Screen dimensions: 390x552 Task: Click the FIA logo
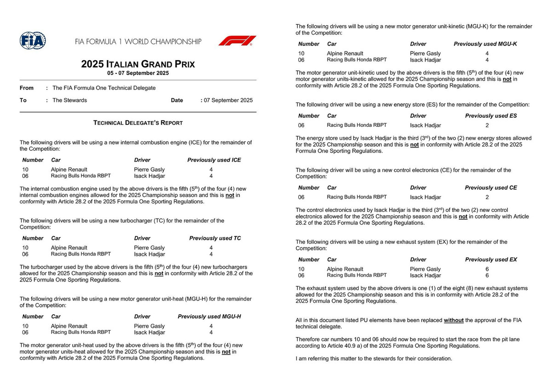click(x=33, y=41)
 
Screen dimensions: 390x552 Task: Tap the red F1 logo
click(x=237, y=40)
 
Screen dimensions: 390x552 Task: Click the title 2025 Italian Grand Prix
click(x=138, y=64)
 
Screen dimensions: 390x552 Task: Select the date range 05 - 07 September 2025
click(x=138, y=73)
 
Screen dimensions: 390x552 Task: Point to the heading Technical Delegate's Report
click(x=138, y=123)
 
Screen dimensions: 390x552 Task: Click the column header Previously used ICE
click(x=214, y=160)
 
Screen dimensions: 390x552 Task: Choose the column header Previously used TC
click(x=215, y=238)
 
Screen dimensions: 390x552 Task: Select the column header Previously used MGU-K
click(x=485, y=44)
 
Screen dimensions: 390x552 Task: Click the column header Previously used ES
click(x=491, y=116)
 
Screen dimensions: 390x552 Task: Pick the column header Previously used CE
click(x=491, y=187)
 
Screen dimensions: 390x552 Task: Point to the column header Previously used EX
click(x=491, y=260)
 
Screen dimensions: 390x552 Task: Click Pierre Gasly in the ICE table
click(x=149, y=170)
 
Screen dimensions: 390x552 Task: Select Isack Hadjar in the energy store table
click(x=425, y=125)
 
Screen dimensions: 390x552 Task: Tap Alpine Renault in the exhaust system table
click(x=345, y=269)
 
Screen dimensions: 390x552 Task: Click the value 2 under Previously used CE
click(x=487, y=197)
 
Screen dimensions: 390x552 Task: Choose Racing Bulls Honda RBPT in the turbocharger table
click(x=80, y=254)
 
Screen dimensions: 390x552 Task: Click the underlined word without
click(x=454, y=320)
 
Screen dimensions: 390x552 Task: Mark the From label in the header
click(x=27, y=88)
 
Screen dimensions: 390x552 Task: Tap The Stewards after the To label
click(x=69, y=100)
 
